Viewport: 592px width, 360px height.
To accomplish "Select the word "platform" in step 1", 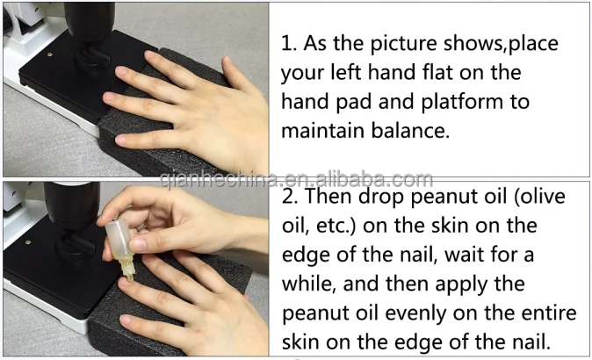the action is coord(462,102).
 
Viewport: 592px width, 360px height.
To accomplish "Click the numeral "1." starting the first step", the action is coord(289,43).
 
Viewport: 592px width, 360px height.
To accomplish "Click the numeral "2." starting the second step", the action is coord(290,196).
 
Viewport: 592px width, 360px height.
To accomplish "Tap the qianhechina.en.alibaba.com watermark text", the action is coord(296,179).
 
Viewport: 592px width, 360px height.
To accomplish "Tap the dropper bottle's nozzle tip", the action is coord(130,279).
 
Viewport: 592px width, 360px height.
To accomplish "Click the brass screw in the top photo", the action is coord(49,54).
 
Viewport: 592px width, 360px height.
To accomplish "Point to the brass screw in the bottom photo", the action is coord(28,242).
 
